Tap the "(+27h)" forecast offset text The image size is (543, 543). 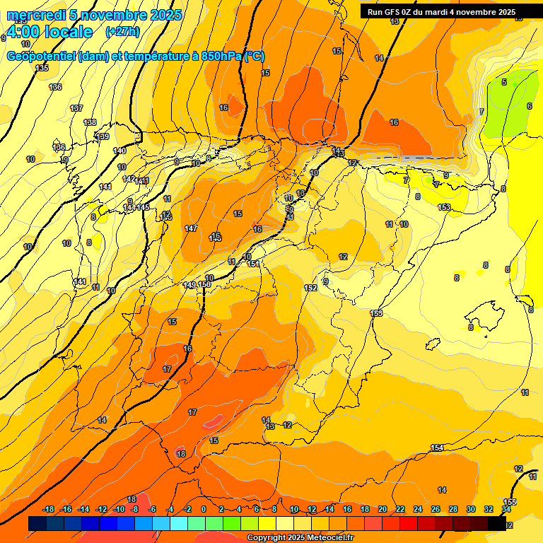click(122, 32)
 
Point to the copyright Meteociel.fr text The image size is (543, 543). click(300, 538)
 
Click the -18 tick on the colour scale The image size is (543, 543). click(49, 509)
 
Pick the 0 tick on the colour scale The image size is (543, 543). click(204, 509)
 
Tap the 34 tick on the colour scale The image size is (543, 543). click(506, 509)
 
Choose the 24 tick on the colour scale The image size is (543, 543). click(418, 509)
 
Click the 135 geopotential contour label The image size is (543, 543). click(42, 68)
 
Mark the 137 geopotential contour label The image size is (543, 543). click(76, 108)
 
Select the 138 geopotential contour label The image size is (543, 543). click(90, 122)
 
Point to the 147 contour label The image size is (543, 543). click(191, 228)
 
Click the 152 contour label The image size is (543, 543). click(310, 288)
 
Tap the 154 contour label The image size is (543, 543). click(437, 448)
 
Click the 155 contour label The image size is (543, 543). click(510, 502)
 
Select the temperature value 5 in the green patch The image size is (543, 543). click(504, 82)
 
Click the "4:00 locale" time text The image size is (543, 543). click(49, 32)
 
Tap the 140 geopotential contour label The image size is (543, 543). click(119, 151)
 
